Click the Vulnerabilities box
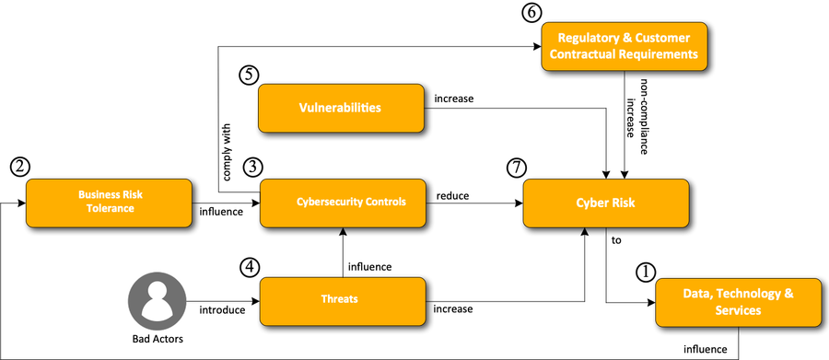pyautogui.click(x=340, y=108)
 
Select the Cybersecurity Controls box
pyautogui.click(x=343, y=203)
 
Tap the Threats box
pyautogui.click(x=342, y=300)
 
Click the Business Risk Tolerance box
pyautogui.click(x=109, y=203)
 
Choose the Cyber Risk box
pyautogui.click(x=605, y=203)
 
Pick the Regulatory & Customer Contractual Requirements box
pyautogui.click(x=624, y=47)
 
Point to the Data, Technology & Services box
pyautogui.click(x=738, y=302)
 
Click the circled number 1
pyautogui.click(x=646, y=272)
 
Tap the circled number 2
pyautogui.click(x=19, y=167)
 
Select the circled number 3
pyautogui.click(x=252, y=167)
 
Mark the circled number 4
pyautogui.click(x=250, y=266)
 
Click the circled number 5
pyautogui.click(x=249, y=75)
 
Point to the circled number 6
pyautogui.click(x=531, y=12)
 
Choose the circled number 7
pyautogui.click(x=517, y=168)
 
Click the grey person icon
pyautogui.click(x=158, y=300)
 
